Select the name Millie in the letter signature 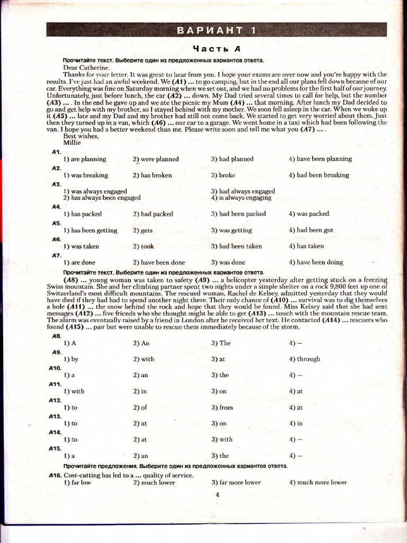71,143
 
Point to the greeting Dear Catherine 86,67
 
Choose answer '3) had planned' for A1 232,159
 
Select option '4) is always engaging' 241,198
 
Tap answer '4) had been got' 311,231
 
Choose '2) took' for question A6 144,246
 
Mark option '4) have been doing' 316,262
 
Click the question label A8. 56,336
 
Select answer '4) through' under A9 305,359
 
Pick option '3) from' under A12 222,408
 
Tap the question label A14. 56,432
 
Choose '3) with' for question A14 222,440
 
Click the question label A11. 56,384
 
